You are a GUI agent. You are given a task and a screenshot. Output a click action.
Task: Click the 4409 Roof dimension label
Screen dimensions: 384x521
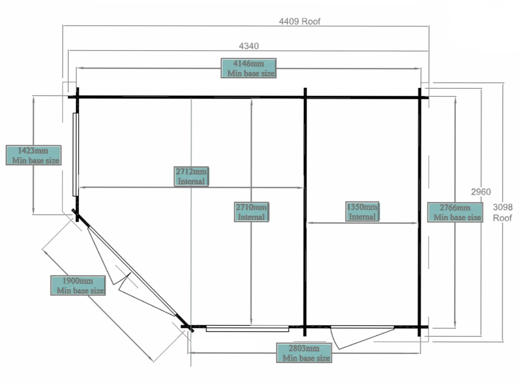coord(299,22)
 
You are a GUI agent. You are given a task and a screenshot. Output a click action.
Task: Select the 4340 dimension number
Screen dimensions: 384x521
coord(249,46)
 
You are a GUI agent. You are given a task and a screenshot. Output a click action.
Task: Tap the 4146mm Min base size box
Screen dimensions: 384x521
coord(249,68)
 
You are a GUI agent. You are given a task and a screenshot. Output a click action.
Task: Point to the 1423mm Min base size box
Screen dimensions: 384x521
coord(34,155)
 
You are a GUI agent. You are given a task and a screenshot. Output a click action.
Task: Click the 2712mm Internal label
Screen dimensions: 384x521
coord(191,176)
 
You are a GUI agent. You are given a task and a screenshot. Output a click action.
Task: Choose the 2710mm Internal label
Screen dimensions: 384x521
coord(251,212)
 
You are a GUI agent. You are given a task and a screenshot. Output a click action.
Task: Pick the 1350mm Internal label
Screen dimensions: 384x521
coord(362,212)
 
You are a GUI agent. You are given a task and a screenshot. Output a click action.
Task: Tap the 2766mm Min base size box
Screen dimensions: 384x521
coord(455,212)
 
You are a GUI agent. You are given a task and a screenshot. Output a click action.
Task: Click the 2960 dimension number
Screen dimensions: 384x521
coord(481,192)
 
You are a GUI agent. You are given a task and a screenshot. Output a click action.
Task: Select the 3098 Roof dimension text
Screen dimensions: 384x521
coord(503,212)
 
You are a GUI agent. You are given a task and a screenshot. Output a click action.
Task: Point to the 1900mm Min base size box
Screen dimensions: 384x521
coord(78,285)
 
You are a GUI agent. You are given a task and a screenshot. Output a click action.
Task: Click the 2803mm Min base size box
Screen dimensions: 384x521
coord(304,353)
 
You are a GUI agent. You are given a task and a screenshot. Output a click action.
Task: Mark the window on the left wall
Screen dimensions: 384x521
coord(75,154)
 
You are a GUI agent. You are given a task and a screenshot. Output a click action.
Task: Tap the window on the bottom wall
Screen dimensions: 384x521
coord(247,328)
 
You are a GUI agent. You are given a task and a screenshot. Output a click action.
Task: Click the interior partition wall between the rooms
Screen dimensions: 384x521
coord(305,212)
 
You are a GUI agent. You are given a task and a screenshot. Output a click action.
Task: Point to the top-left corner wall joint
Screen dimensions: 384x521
coord(77,97)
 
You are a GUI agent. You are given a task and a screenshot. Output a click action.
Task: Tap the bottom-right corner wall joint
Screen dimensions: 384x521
coord(420,327)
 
